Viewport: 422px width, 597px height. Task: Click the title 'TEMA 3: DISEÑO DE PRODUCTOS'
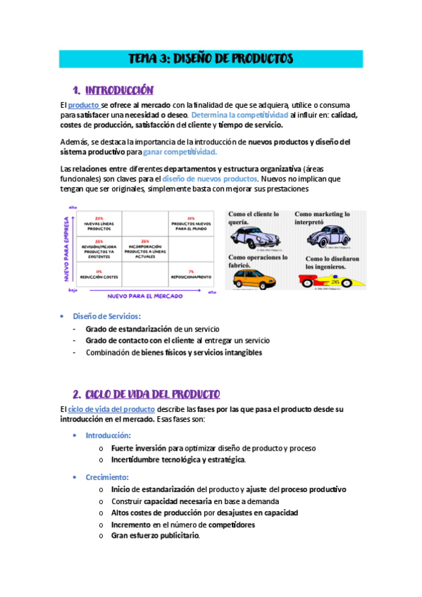(211, 58)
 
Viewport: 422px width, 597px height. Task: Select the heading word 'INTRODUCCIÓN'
(118, 90)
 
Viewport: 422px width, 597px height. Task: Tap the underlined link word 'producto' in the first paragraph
(83, 105)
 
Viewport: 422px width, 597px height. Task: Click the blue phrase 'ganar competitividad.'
(180, 151)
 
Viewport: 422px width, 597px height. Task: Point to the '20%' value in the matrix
(99, 218)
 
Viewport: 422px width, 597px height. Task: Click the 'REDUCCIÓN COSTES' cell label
(99, 275)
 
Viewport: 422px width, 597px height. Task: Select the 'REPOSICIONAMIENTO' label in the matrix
(190, 275)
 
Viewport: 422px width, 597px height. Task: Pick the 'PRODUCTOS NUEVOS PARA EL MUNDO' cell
(190, 225)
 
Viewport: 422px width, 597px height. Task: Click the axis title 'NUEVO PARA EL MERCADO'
(144, 296)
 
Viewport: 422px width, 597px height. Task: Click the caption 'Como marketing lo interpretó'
(323, 218)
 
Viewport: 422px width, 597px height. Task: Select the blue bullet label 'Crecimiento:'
(108, 477)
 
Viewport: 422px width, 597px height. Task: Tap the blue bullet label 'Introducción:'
(108, 436)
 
